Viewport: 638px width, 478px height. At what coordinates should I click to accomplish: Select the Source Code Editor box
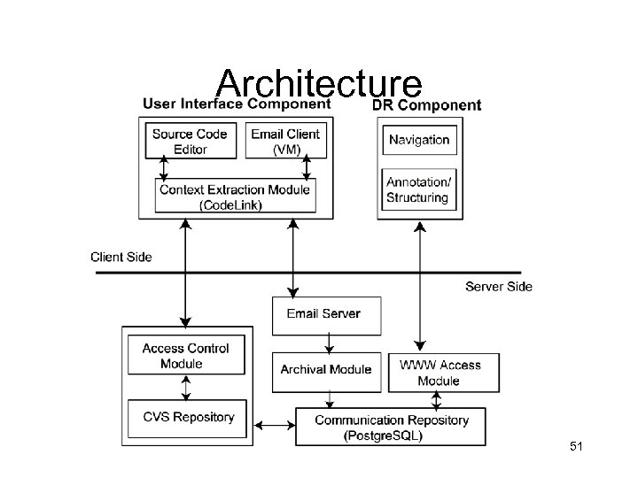190,142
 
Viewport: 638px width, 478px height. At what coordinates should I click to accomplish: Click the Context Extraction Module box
235,197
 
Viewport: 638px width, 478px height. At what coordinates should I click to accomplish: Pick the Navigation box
419,140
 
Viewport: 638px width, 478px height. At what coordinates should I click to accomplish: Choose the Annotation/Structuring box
418,189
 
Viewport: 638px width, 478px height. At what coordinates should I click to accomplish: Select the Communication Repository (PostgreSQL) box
392,428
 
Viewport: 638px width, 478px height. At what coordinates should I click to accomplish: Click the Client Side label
121,258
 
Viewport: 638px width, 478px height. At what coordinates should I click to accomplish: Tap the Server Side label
499,286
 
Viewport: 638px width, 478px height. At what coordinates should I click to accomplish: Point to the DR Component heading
426,105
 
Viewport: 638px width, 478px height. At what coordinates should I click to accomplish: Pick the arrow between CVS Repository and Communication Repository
278,426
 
